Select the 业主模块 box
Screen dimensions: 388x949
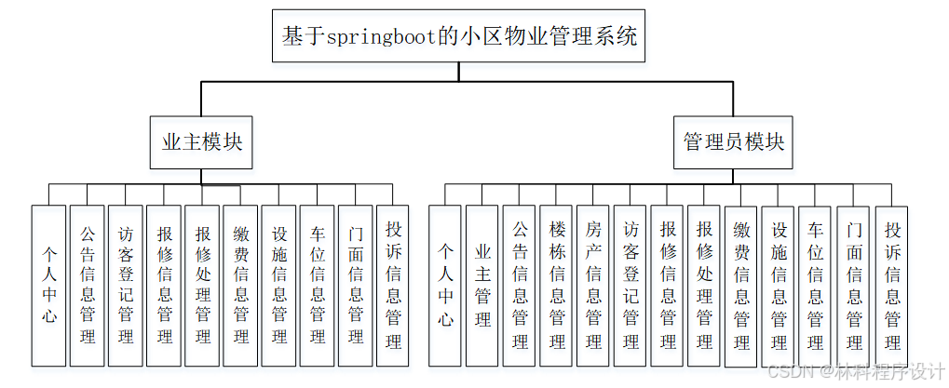pyautogui.click(x=202, y=142)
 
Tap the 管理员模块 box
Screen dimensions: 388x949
pyautogui.click(x=733, y=142)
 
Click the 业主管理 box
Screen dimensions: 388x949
pyautogui.click(x=482, y=286)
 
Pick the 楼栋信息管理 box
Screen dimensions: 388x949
pyautogui.click(x=557, y=286)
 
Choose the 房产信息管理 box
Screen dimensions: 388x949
pyautogui.click(x=593, y=286)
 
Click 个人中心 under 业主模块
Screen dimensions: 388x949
pyautogui.click(x=48, y=286)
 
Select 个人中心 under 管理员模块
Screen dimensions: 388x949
pyautogui.click(x=445, y=286)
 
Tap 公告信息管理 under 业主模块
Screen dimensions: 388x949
pyautogui.click(x=87, y=286)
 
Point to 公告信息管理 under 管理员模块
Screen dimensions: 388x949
pyautogui.click(x=520, y=286)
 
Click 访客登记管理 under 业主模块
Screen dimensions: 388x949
pyautogui.click(x=126, y=286)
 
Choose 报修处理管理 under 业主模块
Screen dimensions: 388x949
pyautogui.click(x=202, y=286)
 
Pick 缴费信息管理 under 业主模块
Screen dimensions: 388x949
pyautogui.click(x=240, y=286)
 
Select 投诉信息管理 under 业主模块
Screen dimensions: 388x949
pyautogui.click(x=393, y=286)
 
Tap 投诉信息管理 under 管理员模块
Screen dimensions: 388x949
pyautogui.click(x=891, y=286)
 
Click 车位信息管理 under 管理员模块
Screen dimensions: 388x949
pyautogui.click(x=816, y=286)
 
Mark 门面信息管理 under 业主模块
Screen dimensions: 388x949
pyautogui.click(x=355, y=286)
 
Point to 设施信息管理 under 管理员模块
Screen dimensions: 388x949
pyautogui.click(x=779, y=286)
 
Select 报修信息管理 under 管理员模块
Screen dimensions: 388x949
pyautogui.click(x=668, y=286)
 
